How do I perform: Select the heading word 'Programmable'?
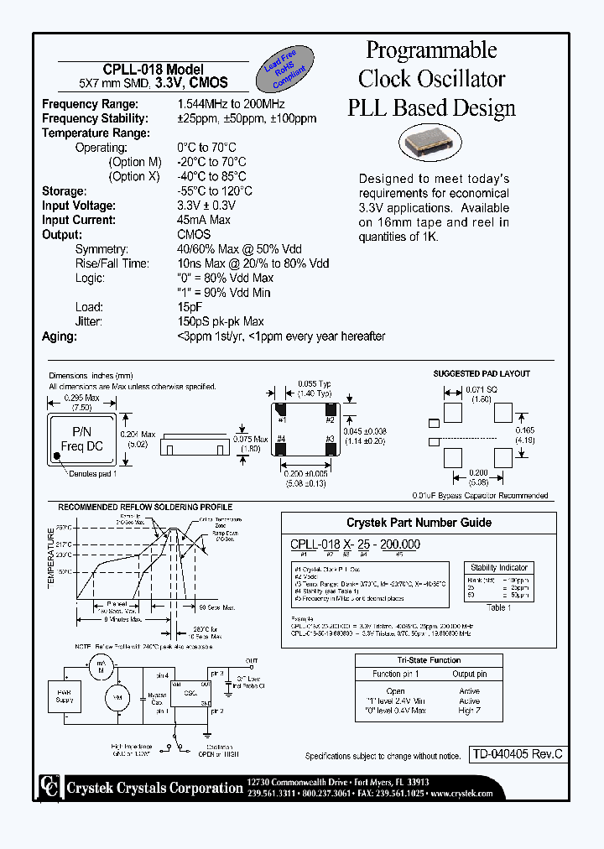click(432, 50)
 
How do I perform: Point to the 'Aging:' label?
click(59, 336)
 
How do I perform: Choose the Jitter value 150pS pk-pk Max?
click(220, 321)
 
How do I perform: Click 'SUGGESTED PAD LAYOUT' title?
click(482, 373)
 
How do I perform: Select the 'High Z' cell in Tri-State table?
click(470, 711)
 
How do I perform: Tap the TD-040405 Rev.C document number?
click(515, 754)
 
